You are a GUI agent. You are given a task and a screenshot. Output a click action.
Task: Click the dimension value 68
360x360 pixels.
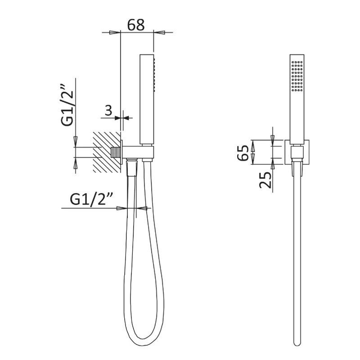pyautogui.click(x=136, y=25)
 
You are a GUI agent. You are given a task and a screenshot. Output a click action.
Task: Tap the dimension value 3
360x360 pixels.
pyautogui.click(x=108, y=110)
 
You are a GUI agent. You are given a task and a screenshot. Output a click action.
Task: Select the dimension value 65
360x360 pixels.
pyautogui.click(x=243, y=153)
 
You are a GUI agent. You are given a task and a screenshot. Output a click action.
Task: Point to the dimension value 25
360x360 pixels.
pyautogui.click(x=265, y=180)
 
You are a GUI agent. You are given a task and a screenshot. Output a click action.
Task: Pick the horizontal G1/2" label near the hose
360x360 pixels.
pyautogui.click(x=91, y=199)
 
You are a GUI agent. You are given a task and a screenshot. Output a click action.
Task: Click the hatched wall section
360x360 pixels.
pyautogui.click(x=107, y=152)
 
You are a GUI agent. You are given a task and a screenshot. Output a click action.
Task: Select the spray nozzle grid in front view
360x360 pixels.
pyautogui.click(x=297, y=76)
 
